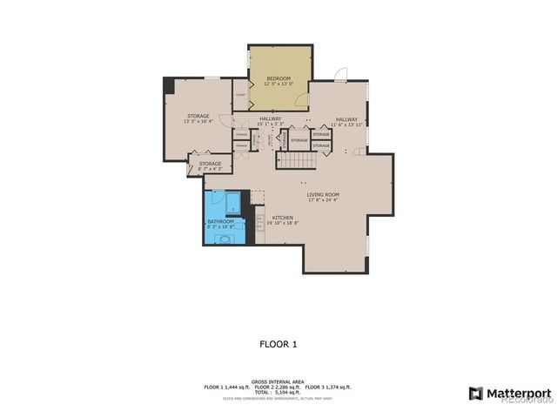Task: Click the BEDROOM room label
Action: (x=278, y=78)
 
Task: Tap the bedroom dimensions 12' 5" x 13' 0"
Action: (x=278, y=84)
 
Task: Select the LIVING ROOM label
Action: (x=322, y=194)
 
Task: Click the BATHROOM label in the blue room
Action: (x=220, y=222)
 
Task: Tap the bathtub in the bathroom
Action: (x=233, y=205)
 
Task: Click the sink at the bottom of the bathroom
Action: (x=225, y=238)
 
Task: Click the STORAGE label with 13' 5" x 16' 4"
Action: (x=198, y=116)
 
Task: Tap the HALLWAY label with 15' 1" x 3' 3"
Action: (x=269, y=118)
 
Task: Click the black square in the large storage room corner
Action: (x=169, y=85)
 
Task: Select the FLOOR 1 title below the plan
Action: (x=278, y=344)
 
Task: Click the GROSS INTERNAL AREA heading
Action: (x=278, y=381)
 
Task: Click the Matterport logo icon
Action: (x=475, y=393)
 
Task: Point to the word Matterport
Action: (x=518, y=393)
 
